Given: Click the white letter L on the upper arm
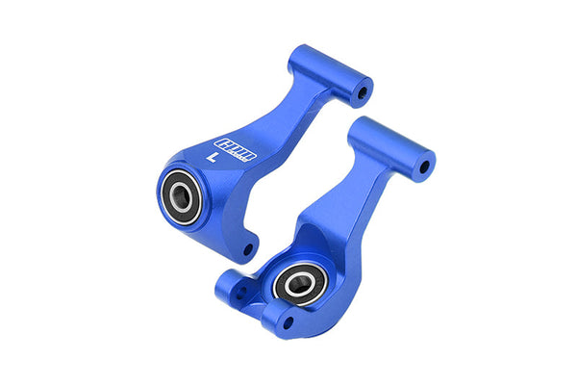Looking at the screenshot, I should click(212, 153).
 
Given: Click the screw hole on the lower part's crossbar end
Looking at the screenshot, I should click(421, 167).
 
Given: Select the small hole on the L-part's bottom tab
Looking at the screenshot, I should click(247, 250).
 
